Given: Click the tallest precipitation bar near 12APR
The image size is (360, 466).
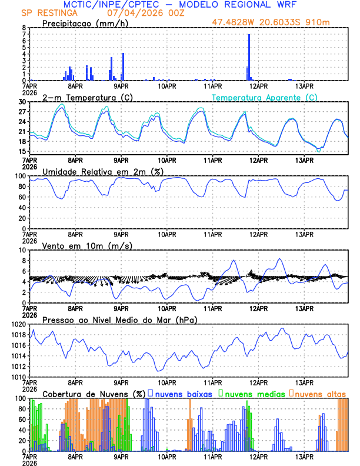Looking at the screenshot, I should coord(249,57).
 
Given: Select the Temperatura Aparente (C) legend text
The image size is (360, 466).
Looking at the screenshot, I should coord(265,98).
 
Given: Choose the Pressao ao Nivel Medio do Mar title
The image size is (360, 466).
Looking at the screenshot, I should coord(119,319).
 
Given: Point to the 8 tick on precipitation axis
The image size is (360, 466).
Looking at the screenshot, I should coord(24,28).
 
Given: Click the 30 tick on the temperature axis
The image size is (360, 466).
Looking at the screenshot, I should coord(21,102).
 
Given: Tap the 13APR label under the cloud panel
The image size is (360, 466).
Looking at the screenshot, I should coord(304,456).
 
